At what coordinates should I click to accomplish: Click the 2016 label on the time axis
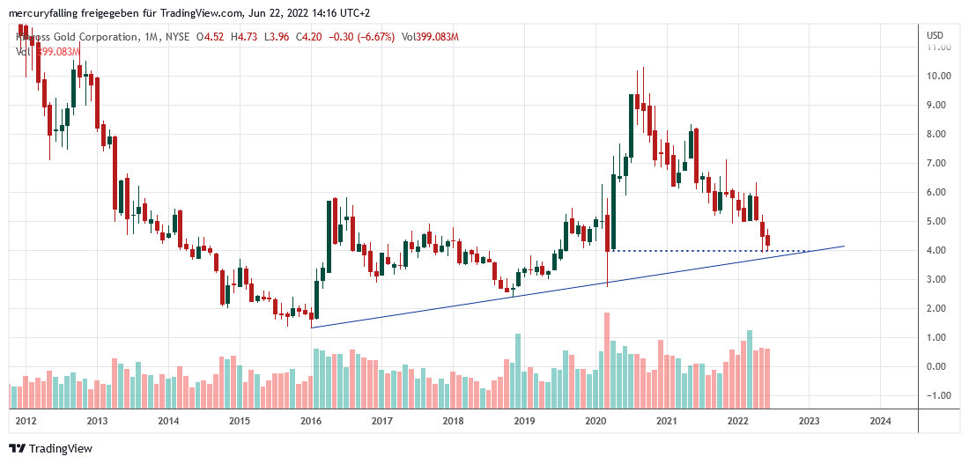[x=311, y=421]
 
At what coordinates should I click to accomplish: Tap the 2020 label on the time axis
[x=595, y=421]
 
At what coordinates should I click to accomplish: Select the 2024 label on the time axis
[x=879, y=421]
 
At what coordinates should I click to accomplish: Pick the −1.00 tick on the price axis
[x=936, y=395]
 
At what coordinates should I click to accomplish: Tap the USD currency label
[x=935, y=35]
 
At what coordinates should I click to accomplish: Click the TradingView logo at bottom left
[x=50, y=448]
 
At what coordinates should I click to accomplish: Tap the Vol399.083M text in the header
[x=430, y=37]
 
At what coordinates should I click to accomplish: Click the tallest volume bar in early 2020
[x=606, y=361]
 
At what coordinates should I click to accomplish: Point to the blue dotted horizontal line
[x=705, y=251]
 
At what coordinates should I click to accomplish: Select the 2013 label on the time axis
[x=98, y=421]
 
